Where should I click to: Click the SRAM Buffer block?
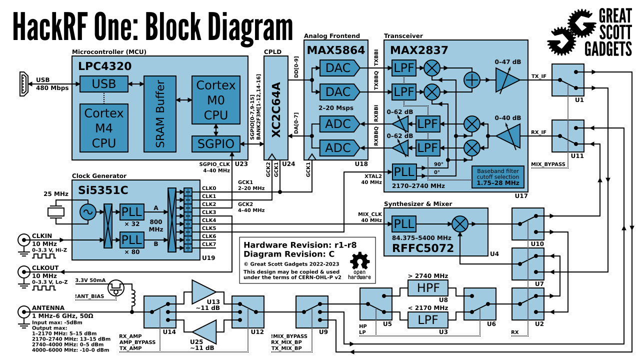click(160, 114)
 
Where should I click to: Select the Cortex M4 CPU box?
click(104, 128)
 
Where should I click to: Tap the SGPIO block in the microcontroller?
click(215, 144)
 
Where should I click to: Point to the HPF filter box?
click(428, 288)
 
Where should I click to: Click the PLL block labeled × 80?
click(131, 240)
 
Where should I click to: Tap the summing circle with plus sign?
click(471, 80)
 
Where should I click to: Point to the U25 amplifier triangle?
click(205, 331)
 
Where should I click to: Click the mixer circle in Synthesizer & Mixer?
click(459, 223)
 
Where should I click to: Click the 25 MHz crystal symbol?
click(56, 212)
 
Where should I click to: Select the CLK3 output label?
click(209, 212)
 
